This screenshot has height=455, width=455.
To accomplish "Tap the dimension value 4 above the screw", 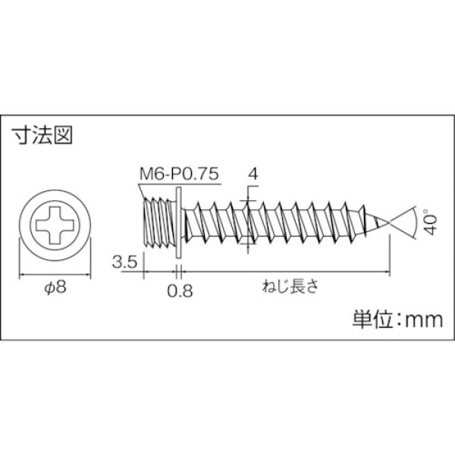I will pos(253,174).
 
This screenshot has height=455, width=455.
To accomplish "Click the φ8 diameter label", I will pos(52,288).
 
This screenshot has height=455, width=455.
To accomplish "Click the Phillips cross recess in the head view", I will pos(52,224).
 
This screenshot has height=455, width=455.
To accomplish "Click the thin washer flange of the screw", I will pos(176,221).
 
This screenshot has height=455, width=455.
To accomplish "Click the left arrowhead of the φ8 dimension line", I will pos(20,274).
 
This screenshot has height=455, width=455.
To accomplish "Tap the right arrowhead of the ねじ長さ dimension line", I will pos(387,274).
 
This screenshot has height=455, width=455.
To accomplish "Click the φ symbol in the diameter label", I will pos(47,289).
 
